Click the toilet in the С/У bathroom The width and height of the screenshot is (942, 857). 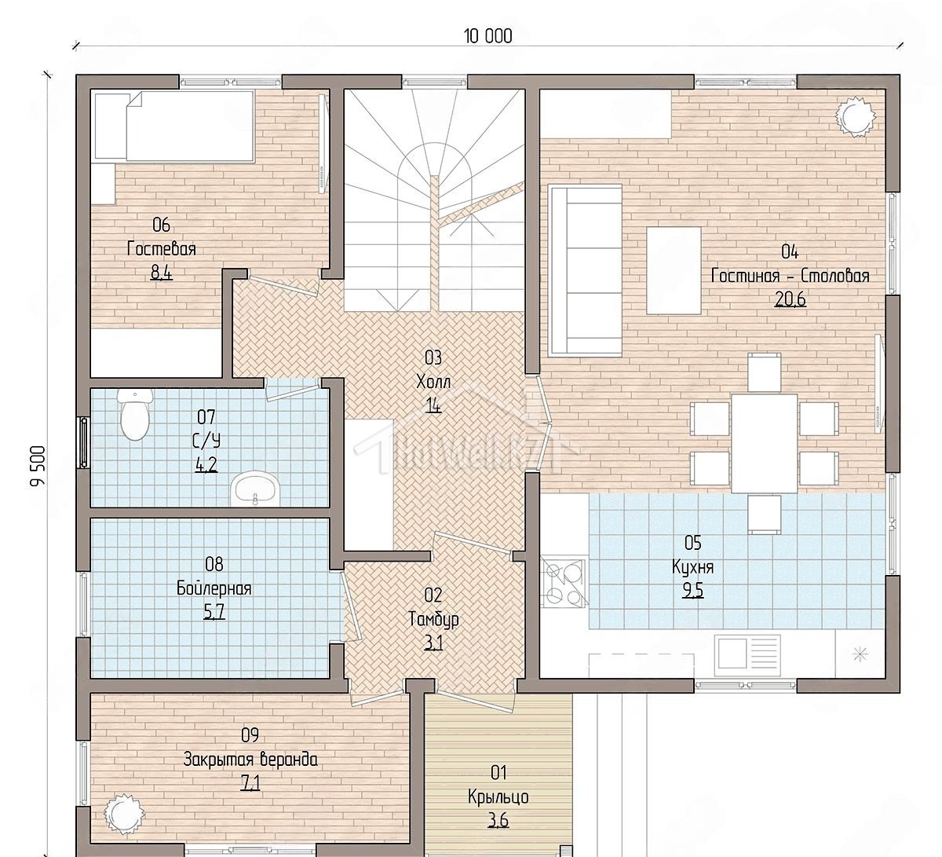pyautogui.click(x=135, y=414)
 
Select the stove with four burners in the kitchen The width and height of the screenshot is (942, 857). pyautogui.click(x=564, y=582)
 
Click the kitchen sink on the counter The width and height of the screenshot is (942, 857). pyautogui.click(x=747, y=654)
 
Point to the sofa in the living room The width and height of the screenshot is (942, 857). pyautogui.click(x=585, y=269)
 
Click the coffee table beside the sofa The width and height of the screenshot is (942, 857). pyautogui.click(x=674, y=270)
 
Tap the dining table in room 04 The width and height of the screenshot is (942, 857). pyautogui.click(x=764, y=443)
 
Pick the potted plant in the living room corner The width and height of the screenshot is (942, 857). pyautogui.click(x=856, y=116)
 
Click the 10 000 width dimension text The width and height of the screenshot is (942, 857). pyautogui.click(x=488, y=36)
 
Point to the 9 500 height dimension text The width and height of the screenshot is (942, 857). pyautogui.click(x=38, y=466)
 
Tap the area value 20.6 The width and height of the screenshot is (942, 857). pyautogui.click(x=790, y=298)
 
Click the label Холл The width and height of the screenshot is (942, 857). pyautogui.click(x=433, y=381)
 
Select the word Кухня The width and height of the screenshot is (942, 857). pyautogui.click(x=692, y=567)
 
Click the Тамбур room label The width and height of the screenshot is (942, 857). pyautogui.click(x=433, y=619)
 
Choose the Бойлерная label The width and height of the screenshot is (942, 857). pyautogui.click(x=214, y=588)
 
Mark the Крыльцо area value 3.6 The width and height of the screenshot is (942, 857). pyautogui.click(x=498, y=820)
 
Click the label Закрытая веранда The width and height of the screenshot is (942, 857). pyautogui.click(x=250, y=760)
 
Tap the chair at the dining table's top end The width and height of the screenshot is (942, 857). pyautogui.click(x=764, y=373)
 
